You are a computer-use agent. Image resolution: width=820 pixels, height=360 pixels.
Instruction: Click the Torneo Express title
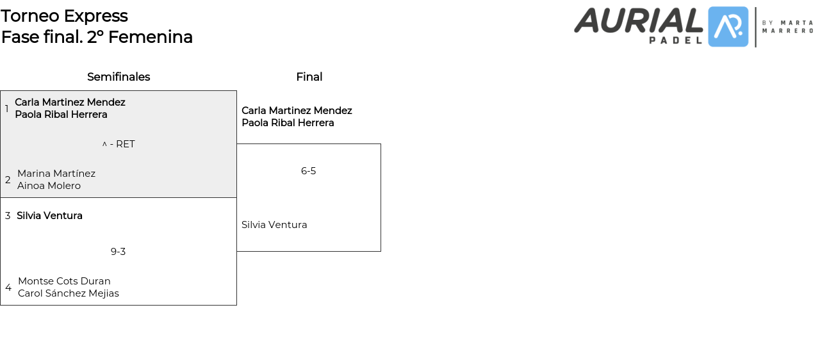click(x=64, y=16)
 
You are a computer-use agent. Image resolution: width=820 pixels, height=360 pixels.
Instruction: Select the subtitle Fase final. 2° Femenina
click(x=97, y=37)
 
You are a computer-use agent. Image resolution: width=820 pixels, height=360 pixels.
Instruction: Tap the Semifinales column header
click(x=119, y=77)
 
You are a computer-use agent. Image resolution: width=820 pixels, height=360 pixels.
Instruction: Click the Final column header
click(x=309, y=77)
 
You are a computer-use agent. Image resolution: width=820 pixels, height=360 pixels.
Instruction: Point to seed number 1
click(x=7, y=109)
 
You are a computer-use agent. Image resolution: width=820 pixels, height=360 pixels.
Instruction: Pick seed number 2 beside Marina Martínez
click(x=8, y=180)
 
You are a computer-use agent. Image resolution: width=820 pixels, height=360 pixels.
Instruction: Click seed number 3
click(x=8, y=216)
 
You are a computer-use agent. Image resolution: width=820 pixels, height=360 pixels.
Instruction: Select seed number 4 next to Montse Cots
click(x=8, y=288)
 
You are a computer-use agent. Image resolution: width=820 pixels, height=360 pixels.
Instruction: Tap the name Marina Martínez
click(x=56, y=174)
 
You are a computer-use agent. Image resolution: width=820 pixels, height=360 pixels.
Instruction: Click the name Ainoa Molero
click(x=49, y=186)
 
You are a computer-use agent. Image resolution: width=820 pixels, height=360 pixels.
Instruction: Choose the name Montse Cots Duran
click(x=64, y=281)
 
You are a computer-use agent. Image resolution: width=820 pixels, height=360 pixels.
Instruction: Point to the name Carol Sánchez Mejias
click(x=69, y=293)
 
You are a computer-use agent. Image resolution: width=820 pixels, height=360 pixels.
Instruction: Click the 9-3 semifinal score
click(x=118, y=252)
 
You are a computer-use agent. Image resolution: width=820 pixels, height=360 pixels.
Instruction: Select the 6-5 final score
click(x=308, y=171)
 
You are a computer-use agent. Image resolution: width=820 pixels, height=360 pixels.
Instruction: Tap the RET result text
click(x=125, y=144)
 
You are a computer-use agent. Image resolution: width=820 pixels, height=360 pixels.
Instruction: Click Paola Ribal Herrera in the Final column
click(x=288, y=123)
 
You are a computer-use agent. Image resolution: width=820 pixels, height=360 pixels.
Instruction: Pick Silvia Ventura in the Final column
click(x=274, y=225)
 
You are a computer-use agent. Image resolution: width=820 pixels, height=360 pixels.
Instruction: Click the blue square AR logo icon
click(x=728, y=27)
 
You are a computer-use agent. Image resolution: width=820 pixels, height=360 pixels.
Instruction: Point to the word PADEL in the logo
click(x=675, y=40)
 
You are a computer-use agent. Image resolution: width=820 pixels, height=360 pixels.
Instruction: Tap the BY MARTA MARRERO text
click(x=787, y=26)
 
